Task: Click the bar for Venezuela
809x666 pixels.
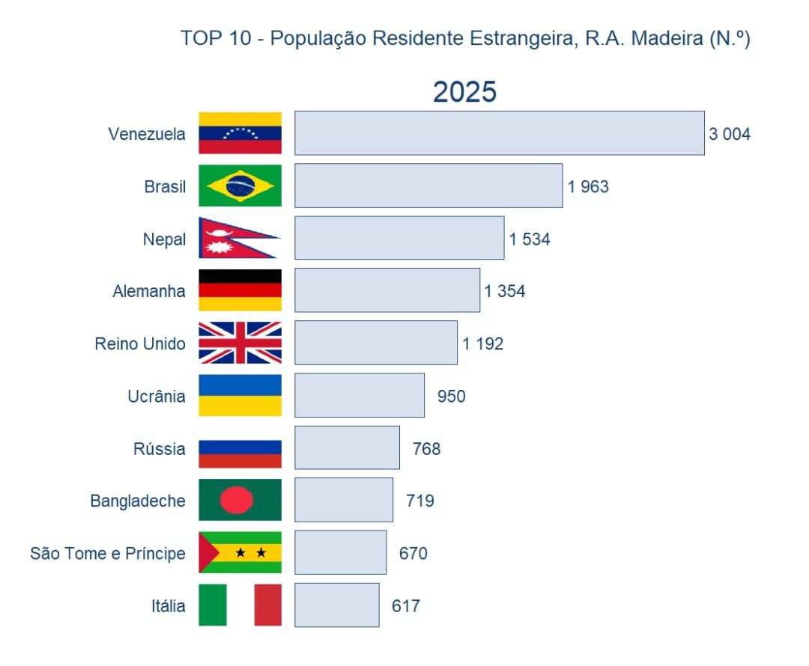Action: coord(500,133)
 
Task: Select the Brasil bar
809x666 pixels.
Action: coord(428,186)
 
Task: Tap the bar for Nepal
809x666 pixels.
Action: coord(399,238)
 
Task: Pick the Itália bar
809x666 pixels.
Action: coord(337,605)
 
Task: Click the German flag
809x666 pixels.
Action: coord(240,290)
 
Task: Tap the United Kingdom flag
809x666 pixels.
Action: coord(240,343)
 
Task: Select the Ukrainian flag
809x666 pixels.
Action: coord(240,395)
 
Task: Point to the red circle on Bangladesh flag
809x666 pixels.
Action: coord(236,500)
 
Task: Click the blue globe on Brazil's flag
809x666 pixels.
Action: coord(240,186)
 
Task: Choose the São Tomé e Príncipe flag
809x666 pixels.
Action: coord(240,552)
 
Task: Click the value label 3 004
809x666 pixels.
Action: coord(729,134)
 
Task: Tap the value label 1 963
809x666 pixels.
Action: coord(588,186)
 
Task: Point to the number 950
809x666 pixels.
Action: coord(452,397)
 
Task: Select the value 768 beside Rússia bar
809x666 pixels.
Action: coord(427,449)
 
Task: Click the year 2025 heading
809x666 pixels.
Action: coord(465,92)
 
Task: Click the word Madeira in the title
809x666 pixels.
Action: coord(667,38)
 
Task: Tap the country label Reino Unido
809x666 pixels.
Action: coord(140,343)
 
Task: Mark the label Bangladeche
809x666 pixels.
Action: coord(138,501)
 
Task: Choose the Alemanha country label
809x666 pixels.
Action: coord(148,291)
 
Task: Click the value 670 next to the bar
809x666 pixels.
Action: coord(413,554)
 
